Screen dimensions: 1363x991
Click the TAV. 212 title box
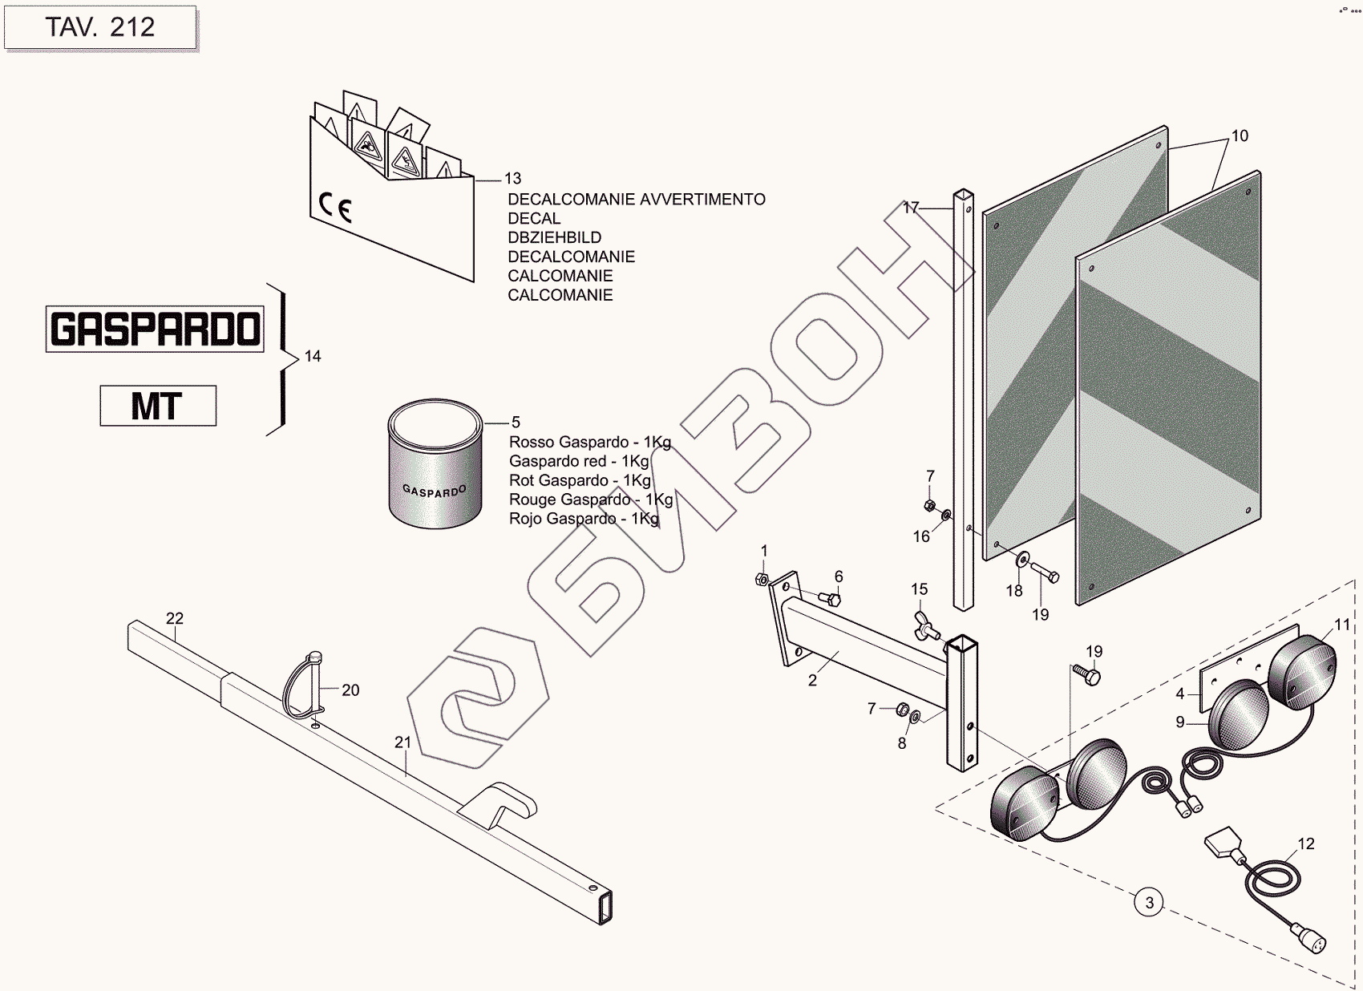click(100, 27)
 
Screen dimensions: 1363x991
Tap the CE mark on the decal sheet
click(335, 208)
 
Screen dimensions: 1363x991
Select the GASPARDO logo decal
click(155, 329)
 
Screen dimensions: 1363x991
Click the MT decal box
click(158, 406)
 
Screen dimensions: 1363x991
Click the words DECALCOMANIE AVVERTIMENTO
click(637, 200)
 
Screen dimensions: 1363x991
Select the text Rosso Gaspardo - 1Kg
click(590, 443)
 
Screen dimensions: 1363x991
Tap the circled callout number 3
click(1149, 903)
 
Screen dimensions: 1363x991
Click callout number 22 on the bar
click(175, 618)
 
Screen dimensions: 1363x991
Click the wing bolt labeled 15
click(924, 626)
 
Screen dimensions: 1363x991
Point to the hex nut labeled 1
click(762, 579)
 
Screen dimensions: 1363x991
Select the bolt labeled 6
click(831, 598)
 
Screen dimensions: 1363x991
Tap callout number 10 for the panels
click(1240, 136)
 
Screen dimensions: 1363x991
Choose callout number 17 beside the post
click(910, 208)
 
